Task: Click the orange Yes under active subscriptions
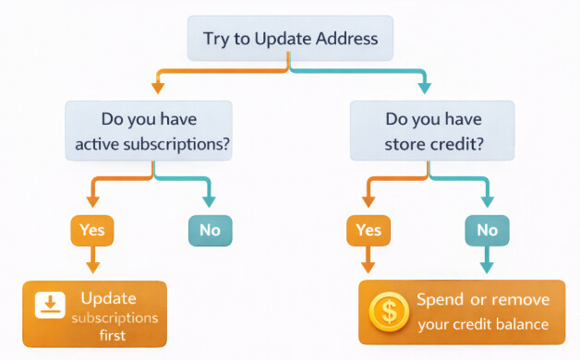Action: [x=91, y=230]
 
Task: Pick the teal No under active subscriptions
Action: [x=210, y=230]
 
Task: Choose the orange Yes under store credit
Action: [x=368, y=230]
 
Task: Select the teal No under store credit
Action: [x=486, y=230]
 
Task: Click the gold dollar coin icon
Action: [x=389, y=312]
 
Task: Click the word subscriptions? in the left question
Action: [x=184, y=144]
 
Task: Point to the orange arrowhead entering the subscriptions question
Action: [x=157, y=89]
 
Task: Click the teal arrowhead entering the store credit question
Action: [x=424, y=89]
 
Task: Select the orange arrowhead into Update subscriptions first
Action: [x=91, y=268]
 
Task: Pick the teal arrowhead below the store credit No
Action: [x=486, y=268]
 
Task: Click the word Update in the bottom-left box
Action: [x=108, y=298]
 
